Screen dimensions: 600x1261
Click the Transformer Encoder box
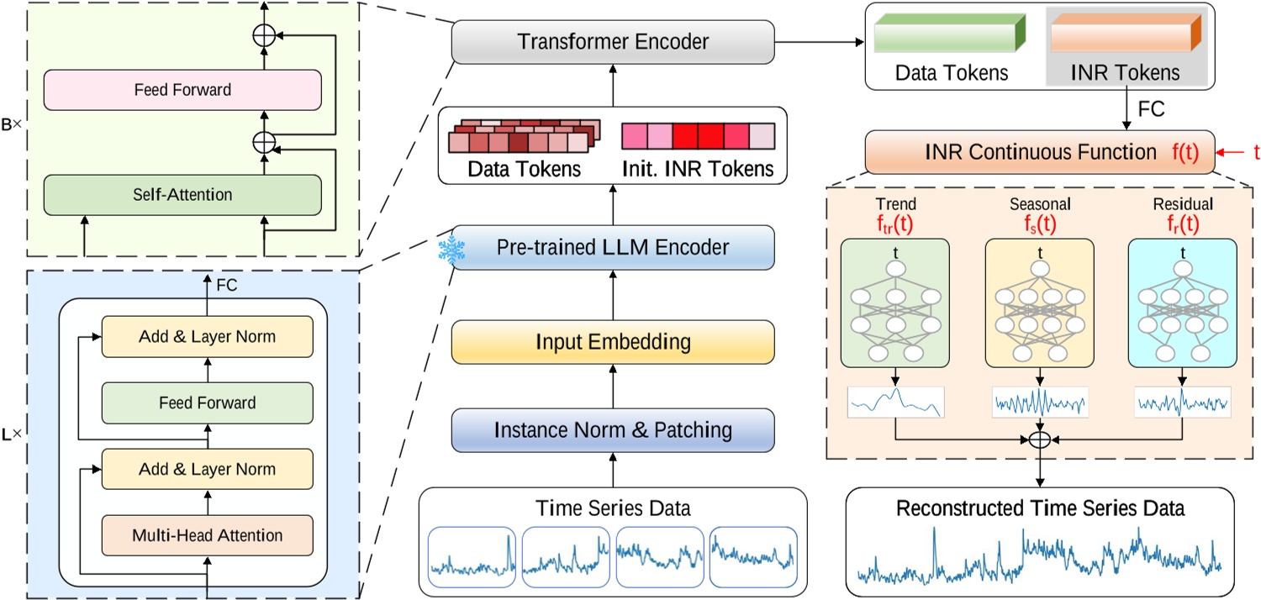tap(613, 41)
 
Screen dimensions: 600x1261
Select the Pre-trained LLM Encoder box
tap(613, 247)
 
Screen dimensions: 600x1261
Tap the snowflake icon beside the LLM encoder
tap(453, 251)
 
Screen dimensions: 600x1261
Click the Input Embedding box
tap(613, 342)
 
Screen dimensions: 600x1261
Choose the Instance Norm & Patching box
tap(613, 430)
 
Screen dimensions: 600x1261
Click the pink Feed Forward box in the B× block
tap(182, 89)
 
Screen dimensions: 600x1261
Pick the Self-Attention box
tap(182, 194)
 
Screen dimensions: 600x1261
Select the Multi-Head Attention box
tap(207, 534)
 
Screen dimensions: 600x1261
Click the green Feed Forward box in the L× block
tap(207, 403)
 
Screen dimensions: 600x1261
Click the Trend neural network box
tap(894, 303)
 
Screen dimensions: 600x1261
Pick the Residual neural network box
tap(1182, 303)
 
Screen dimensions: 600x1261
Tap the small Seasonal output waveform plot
tap(1040, 402)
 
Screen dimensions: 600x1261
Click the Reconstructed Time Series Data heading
tap(1040, 508)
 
